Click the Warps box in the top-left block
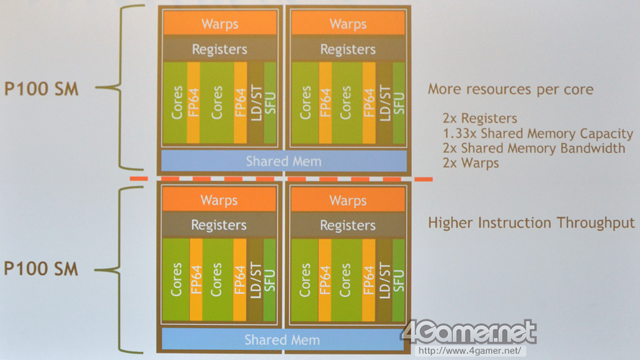(x=219, y=24)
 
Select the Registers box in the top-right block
(x=347, y=49)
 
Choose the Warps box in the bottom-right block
(x=347, y=200)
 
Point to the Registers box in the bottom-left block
(x=219, y=224)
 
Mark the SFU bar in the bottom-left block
(x=270, y=279)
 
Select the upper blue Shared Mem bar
(x=283, y=161)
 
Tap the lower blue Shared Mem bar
(x=282, y=340)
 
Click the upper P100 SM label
(x=41, y=89)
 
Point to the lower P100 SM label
(x=41, y=269)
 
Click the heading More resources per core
(x=511, y=89)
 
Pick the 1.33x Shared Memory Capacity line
(x=538, y=134)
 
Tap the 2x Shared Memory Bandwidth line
(x=534, y=149)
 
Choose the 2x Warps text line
(x=471, y=163)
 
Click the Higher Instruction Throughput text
(x=531, y=222)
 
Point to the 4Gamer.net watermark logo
(x=469, y=332)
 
